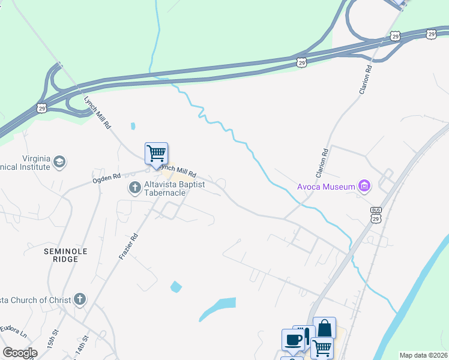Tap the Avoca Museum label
pyautogui.click(x=326, y=187)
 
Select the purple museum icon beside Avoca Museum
pyautogui.click(x=364, y=187)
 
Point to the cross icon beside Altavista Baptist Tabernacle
pyautogui.click(x=135, y=188)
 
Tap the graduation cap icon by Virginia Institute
pyautogui.click(x=59, y=161)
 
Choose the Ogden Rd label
pyautogui.click(x=106, y=178)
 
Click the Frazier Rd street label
pyautogui.click(x=129, y=246)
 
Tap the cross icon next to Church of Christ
pyautogui.click(x=79, y=299)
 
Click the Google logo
pyautogui.click(x=20, y=353)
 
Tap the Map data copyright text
pyautogui.click(x=423, y=355)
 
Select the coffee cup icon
pyautogui.click(x=293, y=340)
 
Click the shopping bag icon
pyautogui.click(x=324, y=328)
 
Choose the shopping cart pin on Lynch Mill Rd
pyautogui.click(x=156, y=153)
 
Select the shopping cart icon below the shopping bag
pyautogui.click(x=322, y=347)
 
